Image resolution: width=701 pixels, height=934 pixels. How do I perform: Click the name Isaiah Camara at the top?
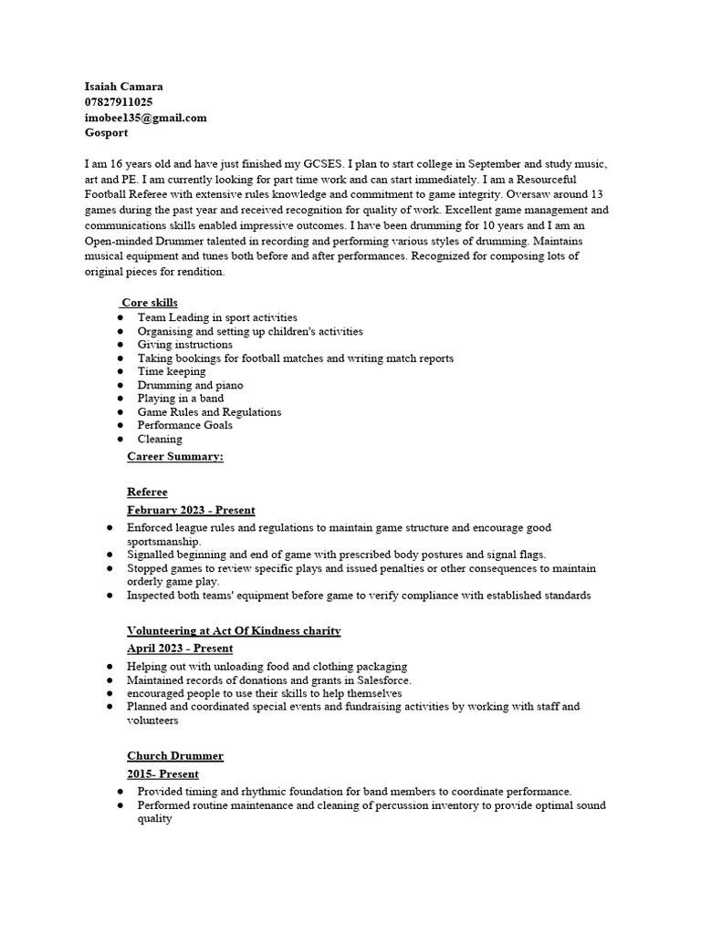coord(123,87)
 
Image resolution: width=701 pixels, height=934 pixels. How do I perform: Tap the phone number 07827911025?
coord(119,102)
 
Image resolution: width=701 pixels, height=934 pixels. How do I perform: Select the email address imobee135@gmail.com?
coord(145,118)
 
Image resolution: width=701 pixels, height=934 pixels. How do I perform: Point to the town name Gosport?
coord(106,132)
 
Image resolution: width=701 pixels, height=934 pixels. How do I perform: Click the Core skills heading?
coord(150,303)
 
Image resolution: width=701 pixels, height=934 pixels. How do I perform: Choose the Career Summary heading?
coord(174,456)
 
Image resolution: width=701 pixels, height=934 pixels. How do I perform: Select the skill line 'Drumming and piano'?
coord(190,385)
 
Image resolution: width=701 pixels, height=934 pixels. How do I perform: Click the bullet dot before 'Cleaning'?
coord(120,440)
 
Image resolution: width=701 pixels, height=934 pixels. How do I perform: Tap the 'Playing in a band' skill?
coord(180,399)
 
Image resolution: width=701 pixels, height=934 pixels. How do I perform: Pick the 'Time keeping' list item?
coord(172,371)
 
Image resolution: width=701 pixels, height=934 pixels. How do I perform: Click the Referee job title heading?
coord(147,493)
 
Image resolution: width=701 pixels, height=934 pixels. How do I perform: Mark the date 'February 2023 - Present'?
coord(191,510)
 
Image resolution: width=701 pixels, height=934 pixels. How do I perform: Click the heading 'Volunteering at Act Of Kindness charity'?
coord(234,631)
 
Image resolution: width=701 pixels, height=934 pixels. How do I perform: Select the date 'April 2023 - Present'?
coord(180,649)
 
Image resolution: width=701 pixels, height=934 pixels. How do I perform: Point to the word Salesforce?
coord(382,680)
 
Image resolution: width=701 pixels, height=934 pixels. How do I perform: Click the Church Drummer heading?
coord(175,756)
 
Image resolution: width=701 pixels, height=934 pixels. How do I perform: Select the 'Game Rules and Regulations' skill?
coord(209,412)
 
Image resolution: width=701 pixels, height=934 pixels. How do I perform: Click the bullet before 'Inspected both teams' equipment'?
coord(110,596)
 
